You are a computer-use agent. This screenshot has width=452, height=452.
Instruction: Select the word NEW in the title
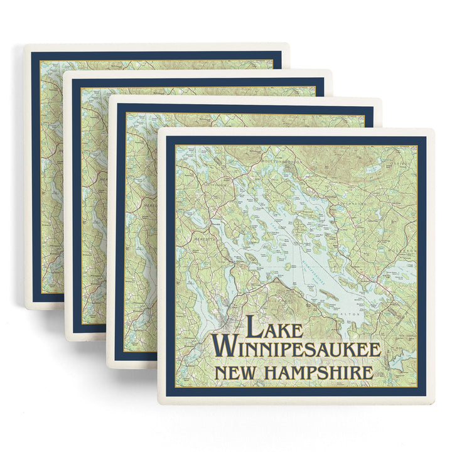click(236, 372)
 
